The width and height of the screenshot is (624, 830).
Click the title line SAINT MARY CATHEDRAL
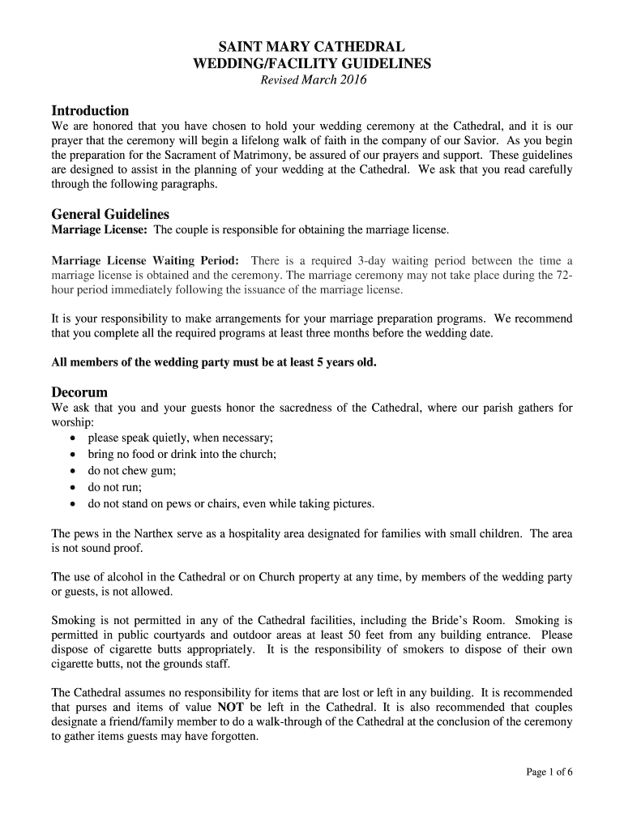click(x=312, y=47)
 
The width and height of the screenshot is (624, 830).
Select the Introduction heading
click(x=90, y=110)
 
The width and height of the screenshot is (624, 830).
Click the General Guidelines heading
click(x=110, y=214)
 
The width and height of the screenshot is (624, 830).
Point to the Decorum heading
click(x=79, y=391)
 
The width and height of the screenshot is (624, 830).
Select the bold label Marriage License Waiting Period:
click(x=145, y=260)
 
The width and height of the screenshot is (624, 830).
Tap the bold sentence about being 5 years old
click(x=214, y=362)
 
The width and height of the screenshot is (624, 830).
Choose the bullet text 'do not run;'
click(x=115, y=487)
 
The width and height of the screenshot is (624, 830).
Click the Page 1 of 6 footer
click(x=549, y=772)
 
